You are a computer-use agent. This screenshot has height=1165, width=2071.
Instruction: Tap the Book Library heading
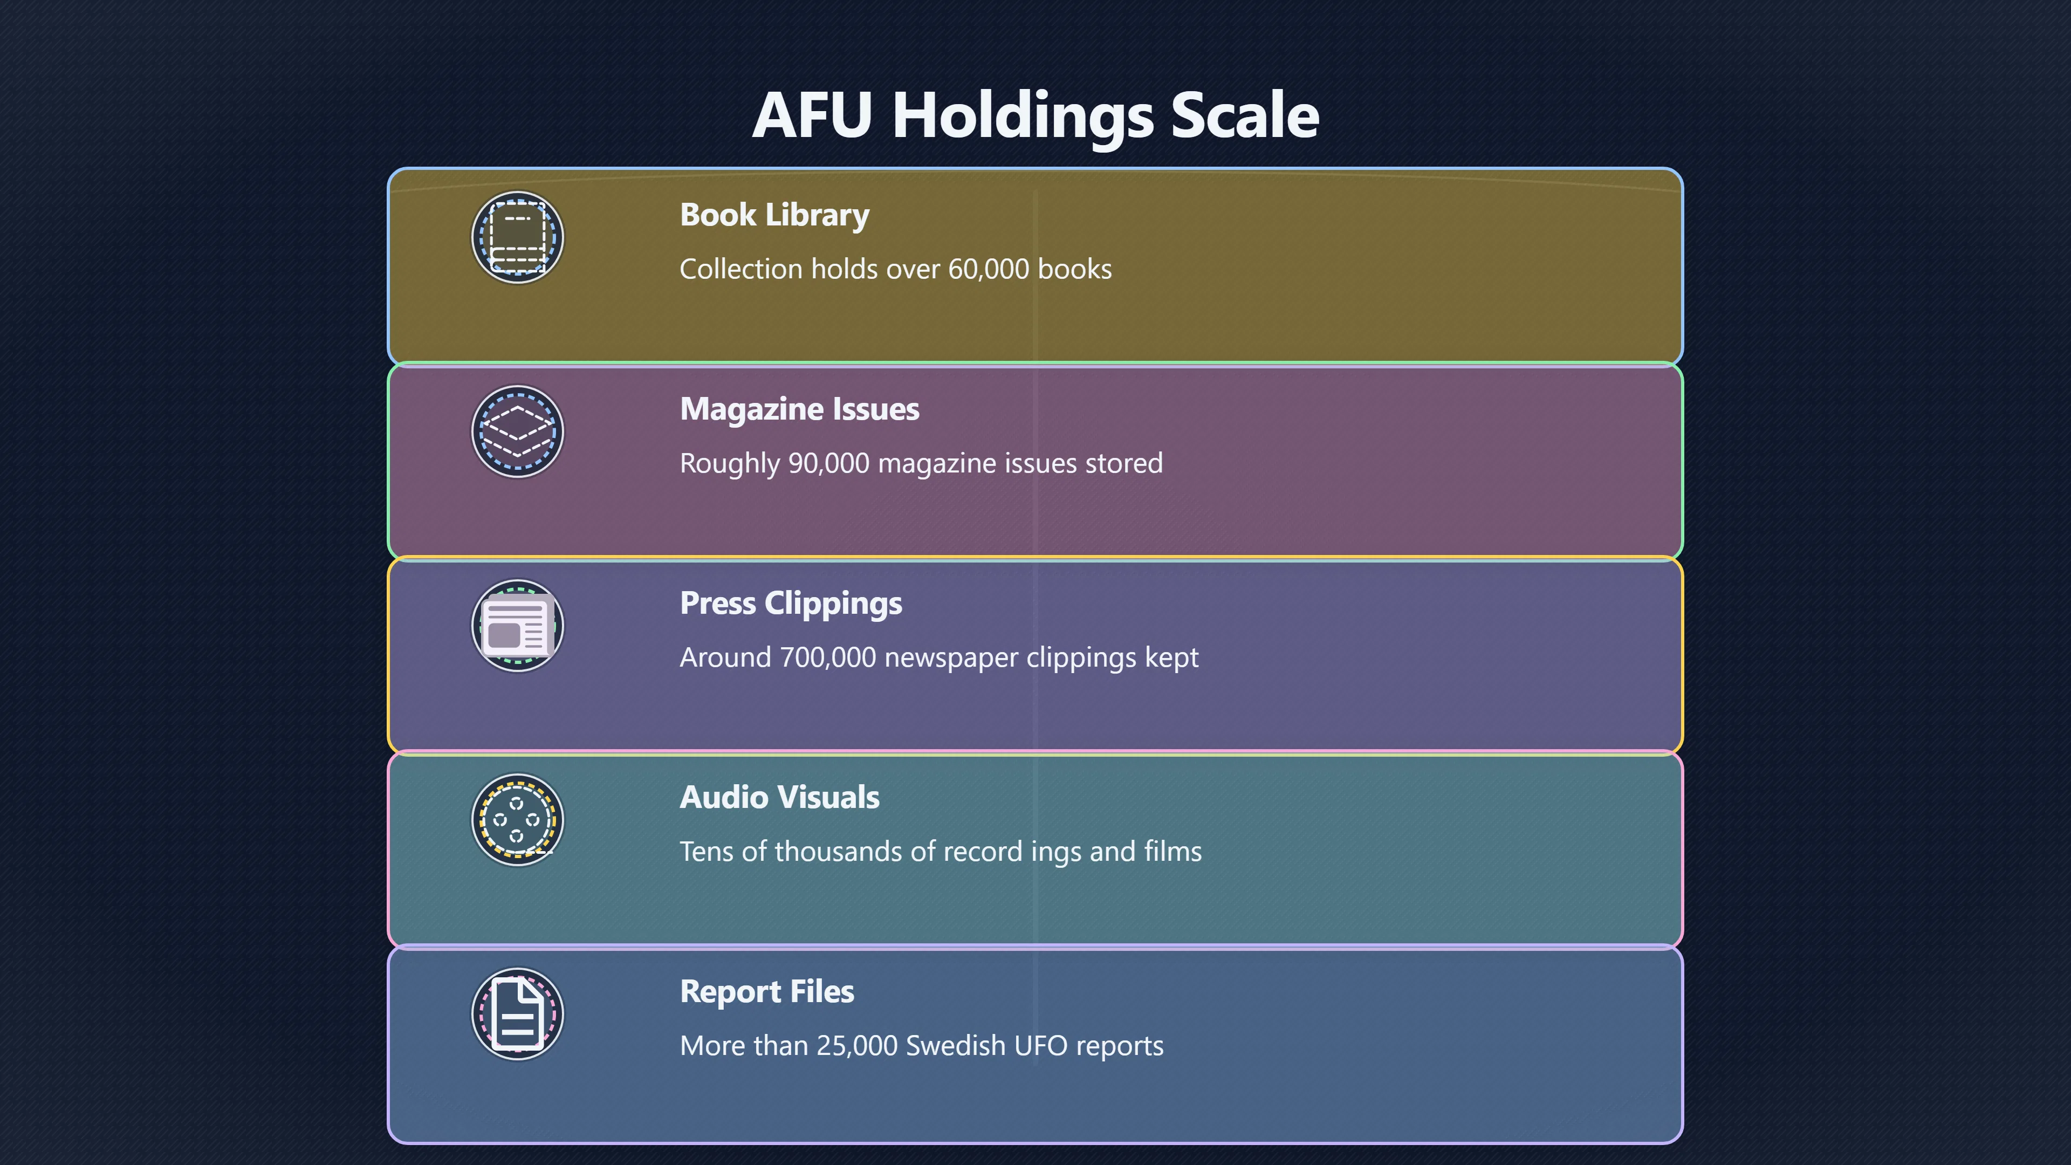(774, 215)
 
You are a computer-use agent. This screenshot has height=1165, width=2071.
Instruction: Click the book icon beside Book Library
(518, 237)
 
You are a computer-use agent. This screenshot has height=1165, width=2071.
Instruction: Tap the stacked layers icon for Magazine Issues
(518, 431)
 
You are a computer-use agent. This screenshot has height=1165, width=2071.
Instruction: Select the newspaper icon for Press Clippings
(518, 626)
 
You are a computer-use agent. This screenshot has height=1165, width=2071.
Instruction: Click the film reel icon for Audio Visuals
(518, 820)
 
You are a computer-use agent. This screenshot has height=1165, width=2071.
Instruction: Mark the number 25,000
(856, 1046)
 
